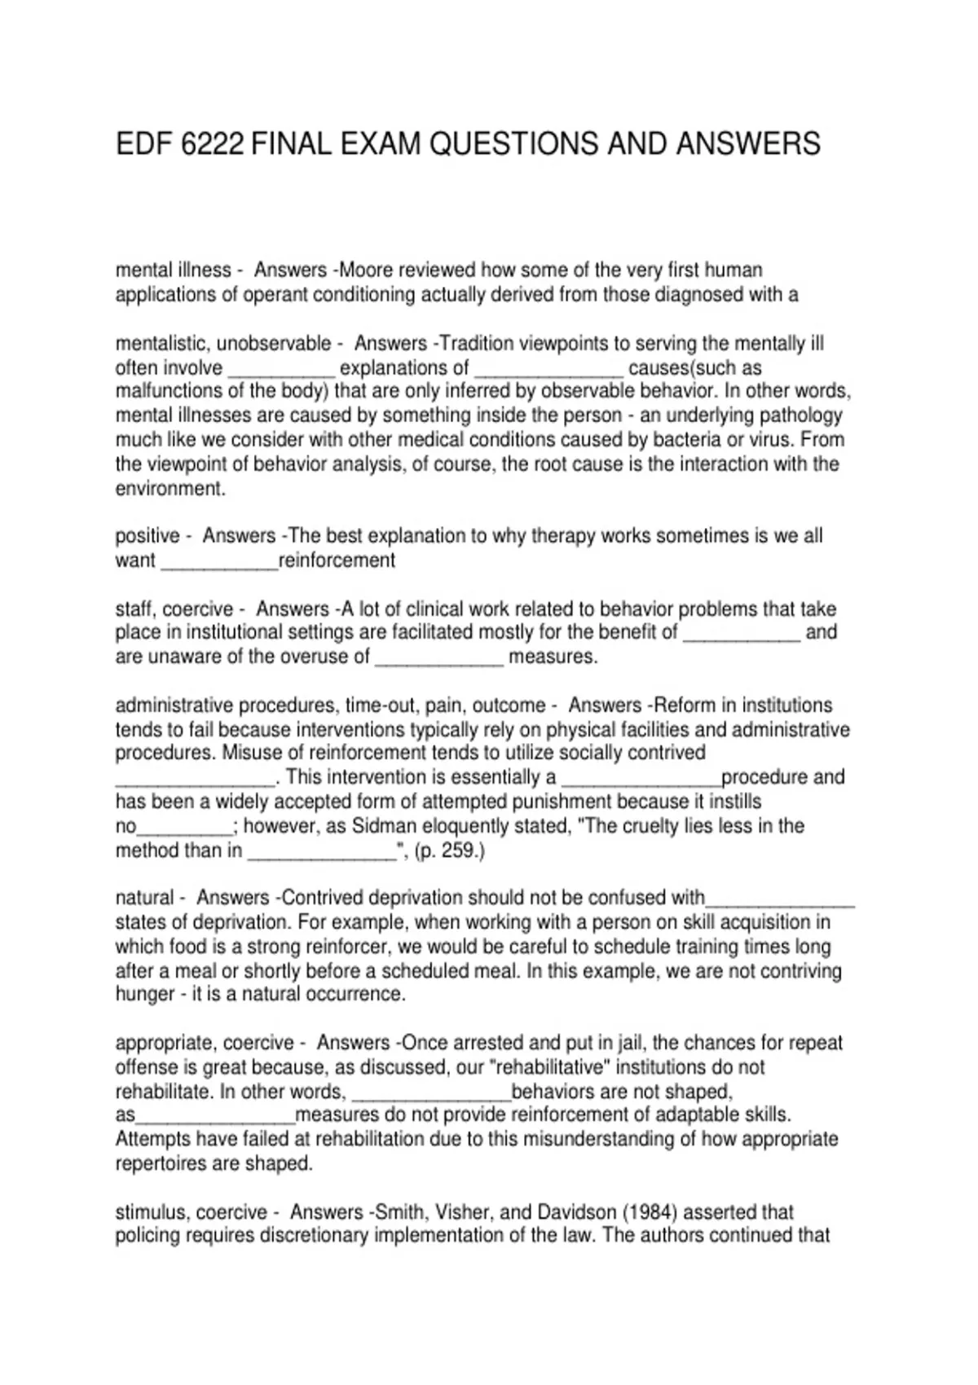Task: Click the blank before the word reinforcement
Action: coord(219,561)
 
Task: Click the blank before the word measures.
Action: coord(439,657)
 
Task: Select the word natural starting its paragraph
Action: coord(144,898)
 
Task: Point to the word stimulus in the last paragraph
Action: coord(150,1212)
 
